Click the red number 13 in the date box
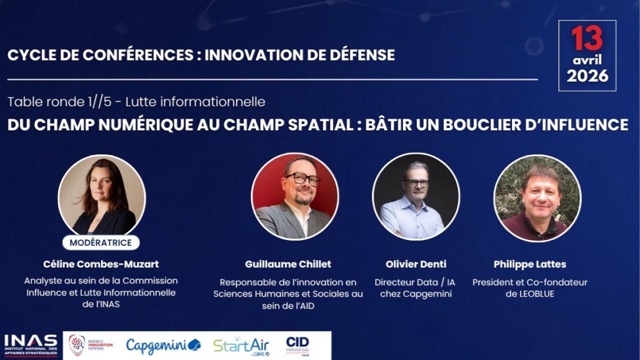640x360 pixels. (587, 38)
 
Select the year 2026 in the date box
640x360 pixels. (587, 76)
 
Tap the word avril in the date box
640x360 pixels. (587, 60)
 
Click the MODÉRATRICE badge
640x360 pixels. (101, 242)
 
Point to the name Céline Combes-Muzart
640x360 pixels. (101, 264)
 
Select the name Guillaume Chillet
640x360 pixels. (288, 264)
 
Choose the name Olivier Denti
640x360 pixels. (416, 264)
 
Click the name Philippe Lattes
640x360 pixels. (530, 264)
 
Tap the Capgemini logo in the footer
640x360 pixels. (163, 345)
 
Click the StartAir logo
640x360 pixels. (241, 346)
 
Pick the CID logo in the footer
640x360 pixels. (297, 346)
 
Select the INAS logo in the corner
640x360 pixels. (30, 345)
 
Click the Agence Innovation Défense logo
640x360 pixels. (91, 345)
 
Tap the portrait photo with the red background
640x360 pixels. (295, 196)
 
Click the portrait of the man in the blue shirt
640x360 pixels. (416, 196)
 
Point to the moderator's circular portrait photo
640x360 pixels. (101, 197)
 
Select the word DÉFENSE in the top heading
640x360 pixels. (362, 54)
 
